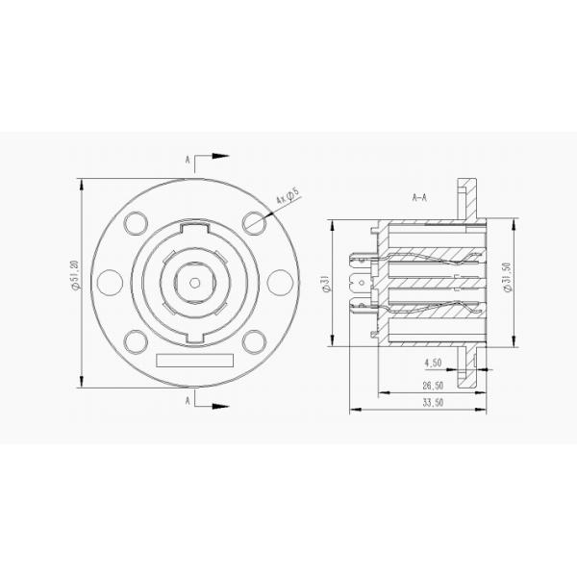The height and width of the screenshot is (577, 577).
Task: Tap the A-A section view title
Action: (x=419, y=198)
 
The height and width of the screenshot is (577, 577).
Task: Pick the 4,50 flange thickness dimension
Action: (x=434, y=364)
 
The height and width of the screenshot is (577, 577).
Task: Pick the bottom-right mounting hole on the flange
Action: (x=254, y=340)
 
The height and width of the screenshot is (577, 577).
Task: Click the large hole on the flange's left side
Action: (x=111, y=282)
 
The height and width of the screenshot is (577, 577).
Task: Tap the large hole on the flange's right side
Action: (x=279, y=282)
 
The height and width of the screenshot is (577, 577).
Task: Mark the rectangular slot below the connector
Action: (x=195, y=361)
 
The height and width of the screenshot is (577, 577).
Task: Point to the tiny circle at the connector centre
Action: (x=195, y=282)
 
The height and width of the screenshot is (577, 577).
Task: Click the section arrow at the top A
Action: (x=217, y=156)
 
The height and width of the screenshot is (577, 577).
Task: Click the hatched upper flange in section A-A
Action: (x=468, y=198)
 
